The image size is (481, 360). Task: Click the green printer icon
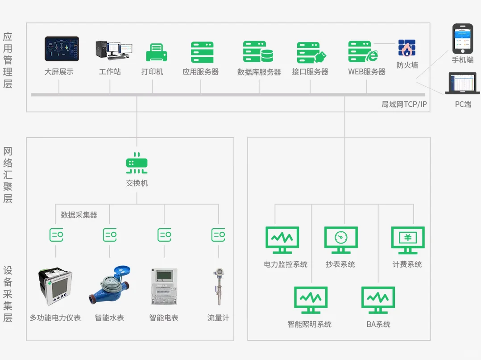(x=157, y=53)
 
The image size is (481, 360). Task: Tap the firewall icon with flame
(x=406, y=48)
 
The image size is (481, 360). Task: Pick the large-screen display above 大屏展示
(x=62, y=49)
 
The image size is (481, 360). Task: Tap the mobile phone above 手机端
(x=462, y=39)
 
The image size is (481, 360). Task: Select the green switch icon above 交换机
(x=137, y=165)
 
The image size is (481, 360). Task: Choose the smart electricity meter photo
(x=164, y=286)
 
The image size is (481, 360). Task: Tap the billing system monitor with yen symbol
(x=407, y=240)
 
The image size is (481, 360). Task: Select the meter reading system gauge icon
(x=340, y=240)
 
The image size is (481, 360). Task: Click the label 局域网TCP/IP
(x=404, y=105)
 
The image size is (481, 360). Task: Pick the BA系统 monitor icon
(x=378, y=300)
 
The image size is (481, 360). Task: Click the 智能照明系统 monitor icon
(x=311, y=300)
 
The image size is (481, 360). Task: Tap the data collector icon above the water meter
(x=110, y=234)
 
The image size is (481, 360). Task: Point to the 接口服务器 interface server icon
(x=311, y=53)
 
